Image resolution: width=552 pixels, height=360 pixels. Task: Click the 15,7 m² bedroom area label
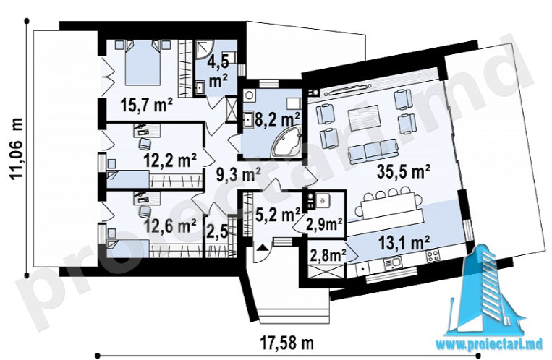[146, 105]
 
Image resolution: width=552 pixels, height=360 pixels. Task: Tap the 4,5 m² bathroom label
[218, 72]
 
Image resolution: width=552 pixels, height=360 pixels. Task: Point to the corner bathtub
[286, 142]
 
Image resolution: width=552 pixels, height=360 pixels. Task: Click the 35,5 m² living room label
[404, 172]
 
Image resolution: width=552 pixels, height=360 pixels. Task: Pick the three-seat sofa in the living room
[373, 151]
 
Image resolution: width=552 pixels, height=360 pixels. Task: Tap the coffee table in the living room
[364, 116]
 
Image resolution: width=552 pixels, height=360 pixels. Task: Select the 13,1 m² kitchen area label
[404, 243]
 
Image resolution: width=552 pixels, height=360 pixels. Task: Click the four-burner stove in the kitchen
[433, 255]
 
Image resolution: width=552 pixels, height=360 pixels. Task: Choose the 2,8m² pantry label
[328, 255]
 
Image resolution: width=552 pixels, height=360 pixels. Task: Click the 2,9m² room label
[324, 224]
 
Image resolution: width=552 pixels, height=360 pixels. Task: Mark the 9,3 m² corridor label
[238, 174]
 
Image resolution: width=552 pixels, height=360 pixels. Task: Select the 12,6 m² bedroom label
[170, 226]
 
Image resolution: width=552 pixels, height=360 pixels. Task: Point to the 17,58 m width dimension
[287, 343]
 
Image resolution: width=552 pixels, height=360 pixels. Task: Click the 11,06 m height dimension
[17, 149]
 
